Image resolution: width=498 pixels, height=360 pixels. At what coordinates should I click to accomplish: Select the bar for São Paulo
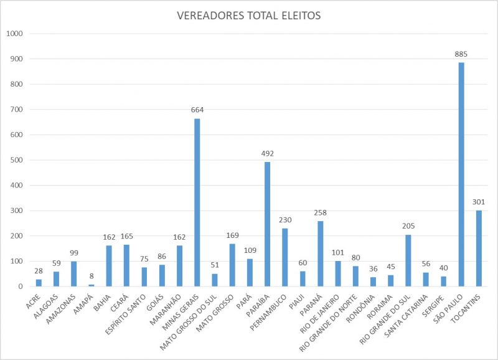(461, 174)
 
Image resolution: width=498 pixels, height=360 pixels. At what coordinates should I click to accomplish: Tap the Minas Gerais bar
(197, 202)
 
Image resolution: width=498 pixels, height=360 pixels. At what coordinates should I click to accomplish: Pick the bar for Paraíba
(268, 224)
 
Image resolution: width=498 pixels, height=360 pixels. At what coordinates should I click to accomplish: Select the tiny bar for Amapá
(92, 285)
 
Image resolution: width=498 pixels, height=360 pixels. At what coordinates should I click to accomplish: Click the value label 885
(461, 54)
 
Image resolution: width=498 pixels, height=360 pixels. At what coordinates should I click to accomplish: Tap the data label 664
(197, 110)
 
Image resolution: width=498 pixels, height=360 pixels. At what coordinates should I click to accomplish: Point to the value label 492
(268, 153)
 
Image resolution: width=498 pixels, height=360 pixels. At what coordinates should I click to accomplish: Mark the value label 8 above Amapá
(92, 275)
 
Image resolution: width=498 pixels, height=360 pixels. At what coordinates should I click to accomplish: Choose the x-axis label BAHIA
(102, 301)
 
